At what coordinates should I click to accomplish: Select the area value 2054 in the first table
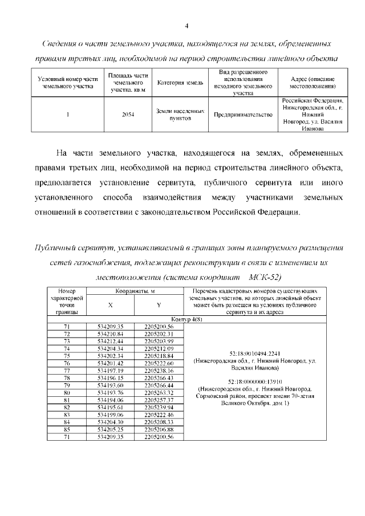point(128,115)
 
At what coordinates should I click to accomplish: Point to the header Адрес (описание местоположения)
point(312,83)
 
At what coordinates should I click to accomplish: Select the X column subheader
point(110,304)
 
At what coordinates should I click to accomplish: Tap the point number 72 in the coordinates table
point(66,333)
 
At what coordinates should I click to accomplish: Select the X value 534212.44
point(110,340)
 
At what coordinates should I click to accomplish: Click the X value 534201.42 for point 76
point(110,363)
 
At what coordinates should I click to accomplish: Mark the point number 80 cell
point(66,392)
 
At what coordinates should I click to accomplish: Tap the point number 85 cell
point(66,429)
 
